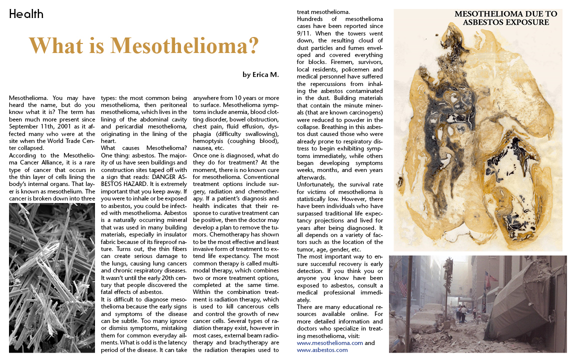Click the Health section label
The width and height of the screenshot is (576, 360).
pyautogui.click(x=26, y=14)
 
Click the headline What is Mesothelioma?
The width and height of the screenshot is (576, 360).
pyautogui.click(x=143, y=45)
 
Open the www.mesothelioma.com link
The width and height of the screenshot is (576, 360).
pyautogui.click(x=330, y=343)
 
